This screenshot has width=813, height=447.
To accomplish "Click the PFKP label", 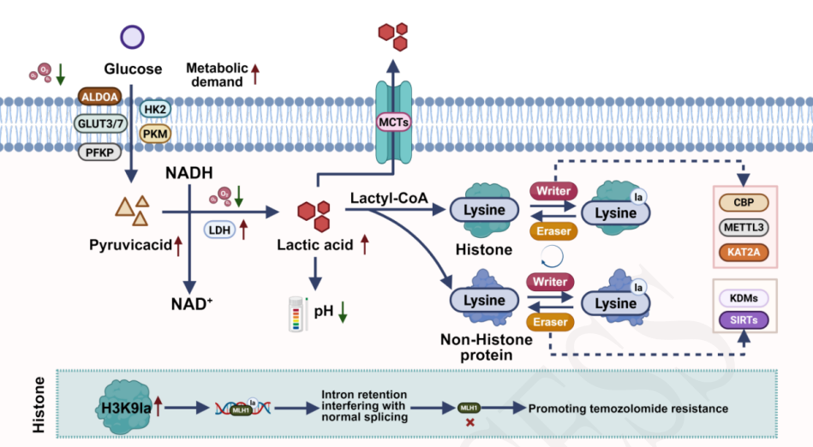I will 100,152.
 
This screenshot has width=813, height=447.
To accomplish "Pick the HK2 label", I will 155,110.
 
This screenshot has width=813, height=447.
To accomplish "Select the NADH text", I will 188,174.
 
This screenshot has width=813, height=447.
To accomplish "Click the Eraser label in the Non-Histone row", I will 552,322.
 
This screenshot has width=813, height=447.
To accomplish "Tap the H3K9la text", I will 123,408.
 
